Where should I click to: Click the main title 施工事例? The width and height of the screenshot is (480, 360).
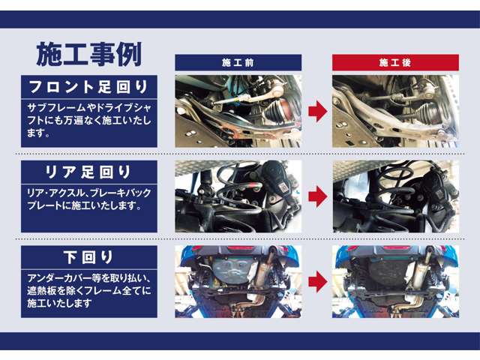(x=89, y=53)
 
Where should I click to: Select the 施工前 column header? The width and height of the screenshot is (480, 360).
(x=238, y=62)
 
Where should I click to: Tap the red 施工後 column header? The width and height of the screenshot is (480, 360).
(x=394, y=62)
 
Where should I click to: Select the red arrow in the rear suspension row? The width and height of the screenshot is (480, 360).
(x=317, y=196)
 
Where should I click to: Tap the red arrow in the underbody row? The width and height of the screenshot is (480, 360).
(x=317, y=282)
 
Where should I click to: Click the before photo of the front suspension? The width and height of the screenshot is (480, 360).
(x=238, y=111)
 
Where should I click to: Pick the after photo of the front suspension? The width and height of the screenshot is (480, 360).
(x=394, y=111)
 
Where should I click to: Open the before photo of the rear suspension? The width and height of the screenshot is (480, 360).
(x=238, y=196)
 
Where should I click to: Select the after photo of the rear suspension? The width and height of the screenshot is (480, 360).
(x=394, y=196)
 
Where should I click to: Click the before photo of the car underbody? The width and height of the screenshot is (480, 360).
(x=238, y=282)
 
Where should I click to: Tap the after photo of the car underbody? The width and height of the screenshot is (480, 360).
(x=394, y=282)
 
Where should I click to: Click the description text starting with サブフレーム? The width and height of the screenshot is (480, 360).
(x=88, y=120)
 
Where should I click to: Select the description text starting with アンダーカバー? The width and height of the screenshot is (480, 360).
(x=88, y=289)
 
